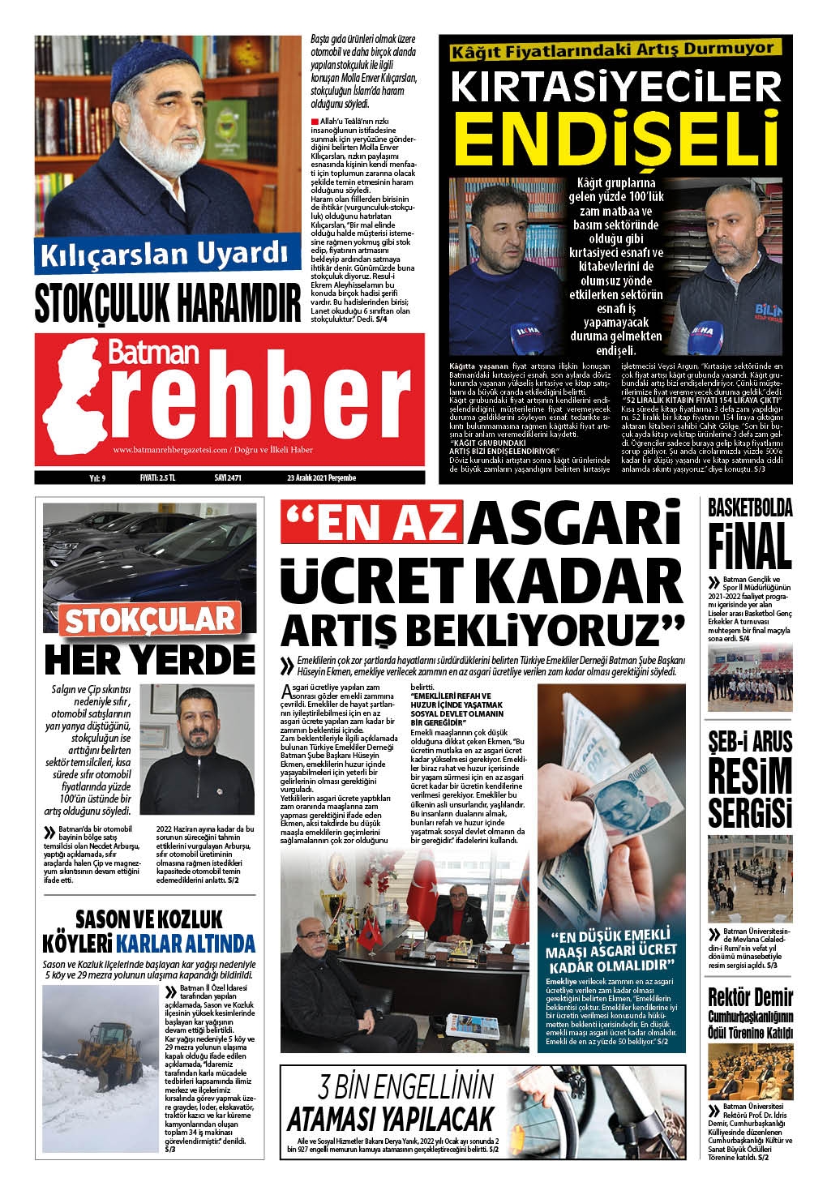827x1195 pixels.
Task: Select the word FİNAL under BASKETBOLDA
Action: [x=750, y=547]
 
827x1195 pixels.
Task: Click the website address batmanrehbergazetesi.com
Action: [x=170, y=451]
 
